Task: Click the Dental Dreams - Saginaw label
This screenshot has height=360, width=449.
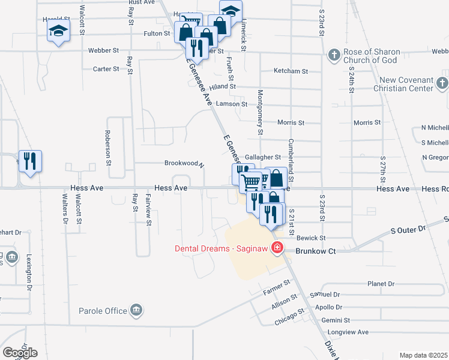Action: tap(221, 248)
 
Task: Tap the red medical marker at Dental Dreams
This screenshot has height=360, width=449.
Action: tap(277, 248)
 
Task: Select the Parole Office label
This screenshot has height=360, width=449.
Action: tap(103, 311)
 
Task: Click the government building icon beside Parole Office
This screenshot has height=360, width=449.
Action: tap(137, 310)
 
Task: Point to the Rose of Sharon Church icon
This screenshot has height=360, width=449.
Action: tap(334, 56)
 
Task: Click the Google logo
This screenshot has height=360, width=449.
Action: tap(20, 353)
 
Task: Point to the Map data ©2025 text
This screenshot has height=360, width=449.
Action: tap(424, 355)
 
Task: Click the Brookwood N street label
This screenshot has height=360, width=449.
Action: tap(185, 163)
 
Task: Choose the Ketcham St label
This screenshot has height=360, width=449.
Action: tap(291, 71)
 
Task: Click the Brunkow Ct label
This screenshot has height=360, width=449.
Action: tap(314, 251)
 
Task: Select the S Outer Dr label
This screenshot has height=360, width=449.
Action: tap(408, 229)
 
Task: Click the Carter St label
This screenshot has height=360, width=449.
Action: tap(106, 69)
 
